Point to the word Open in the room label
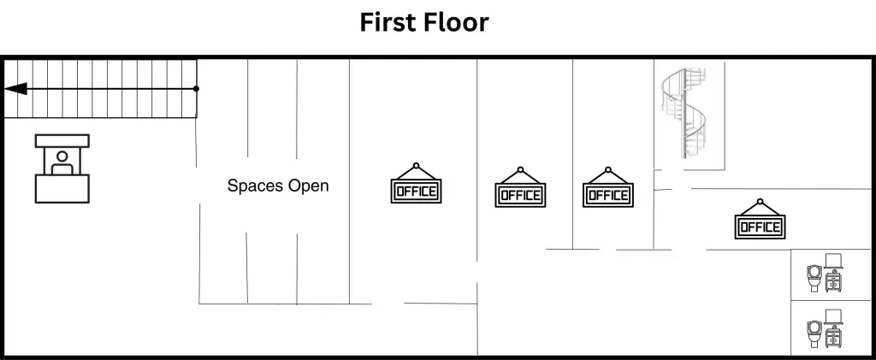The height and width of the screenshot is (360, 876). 309,186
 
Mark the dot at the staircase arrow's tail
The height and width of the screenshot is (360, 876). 196,88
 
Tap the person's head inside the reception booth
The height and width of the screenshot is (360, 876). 62,156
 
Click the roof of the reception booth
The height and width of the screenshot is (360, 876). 62,140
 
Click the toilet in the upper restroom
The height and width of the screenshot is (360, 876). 814,277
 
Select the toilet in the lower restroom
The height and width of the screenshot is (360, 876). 814,332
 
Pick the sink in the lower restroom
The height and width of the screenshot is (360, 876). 834,330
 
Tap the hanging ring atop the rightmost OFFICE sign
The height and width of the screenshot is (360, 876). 759,202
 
